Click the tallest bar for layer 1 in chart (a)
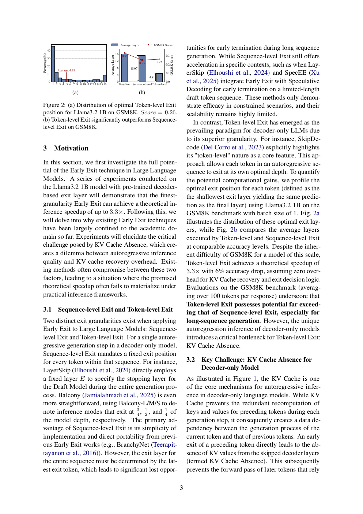[53, 64]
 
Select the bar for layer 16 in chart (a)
[105, 78]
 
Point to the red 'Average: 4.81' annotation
[66, 70]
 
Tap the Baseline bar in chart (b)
[125, 67]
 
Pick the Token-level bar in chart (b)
[159, 77]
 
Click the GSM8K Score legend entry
[163, 45]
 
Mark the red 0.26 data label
[159, 62]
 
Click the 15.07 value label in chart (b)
[134, 68]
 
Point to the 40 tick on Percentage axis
[49, 51]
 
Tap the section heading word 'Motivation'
[71, 148]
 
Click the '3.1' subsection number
[47, 309]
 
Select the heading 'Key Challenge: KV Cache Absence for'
[256, 360]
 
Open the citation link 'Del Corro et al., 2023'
[233, 147]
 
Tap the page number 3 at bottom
[181, 488]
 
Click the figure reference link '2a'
[316, 213]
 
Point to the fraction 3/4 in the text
[138, 412]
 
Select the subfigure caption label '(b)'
[142, 93]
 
